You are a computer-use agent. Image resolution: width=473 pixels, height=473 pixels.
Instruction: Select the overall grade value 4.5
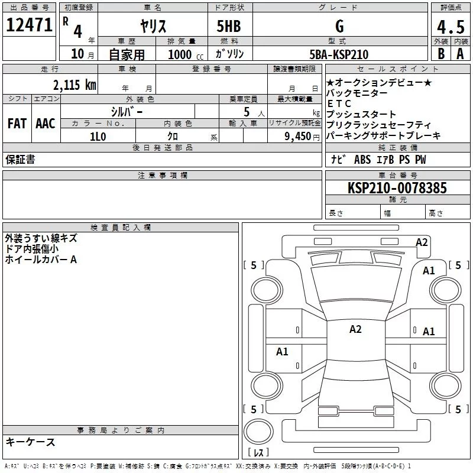[x=450, y=27]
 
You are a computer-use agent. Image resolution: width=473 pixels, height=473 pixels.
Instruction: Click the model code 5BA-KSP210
[x=338, y=54]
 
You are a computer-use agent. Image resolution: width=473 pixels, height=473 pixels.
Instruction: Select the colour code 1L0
[x=98, y=135]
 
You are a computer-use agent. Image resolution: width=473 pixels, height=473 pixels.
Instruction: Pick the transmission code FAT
[x=17, y=124]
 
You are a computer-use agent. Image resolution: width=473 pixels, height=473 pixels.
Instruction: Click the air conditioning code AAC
[x=45, y=124]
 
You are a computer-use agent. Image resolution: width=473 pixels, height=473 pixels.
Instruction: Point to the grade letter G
[x=339, y=27]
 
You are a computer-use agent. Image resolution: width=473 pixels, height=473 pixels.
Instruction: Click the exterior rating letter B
[x=440, y=53]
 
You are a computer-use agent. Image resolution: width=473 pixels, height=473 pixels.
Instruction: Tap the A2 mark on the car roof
[x=355, y=329]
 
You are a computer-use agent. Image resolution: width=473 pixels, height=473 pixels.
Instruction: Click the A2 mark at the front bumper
[x=422, y=242]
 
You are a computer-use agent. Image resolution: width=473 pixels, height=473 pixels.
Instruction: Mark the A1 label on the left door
[x=283, y=352]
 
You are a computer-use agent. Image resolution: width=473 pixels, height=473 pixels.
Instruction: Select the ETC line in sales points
[x=339, y=104]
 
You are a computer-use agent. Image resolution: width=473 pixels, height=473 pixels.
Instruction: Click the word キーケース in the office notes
[x=31, y=442]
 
